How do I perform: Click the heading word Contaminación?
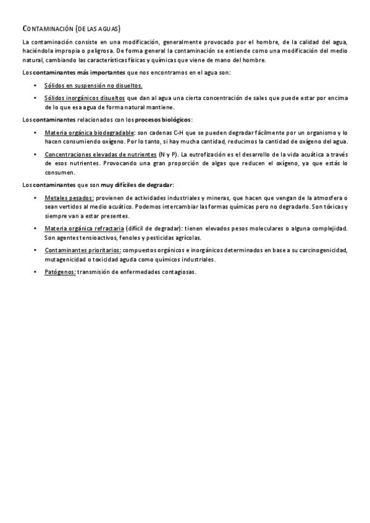pyautogui.click(x=47, y=29)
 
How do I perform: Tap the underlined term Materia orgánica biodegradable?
pyautogui.click(x=89, y=133)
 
